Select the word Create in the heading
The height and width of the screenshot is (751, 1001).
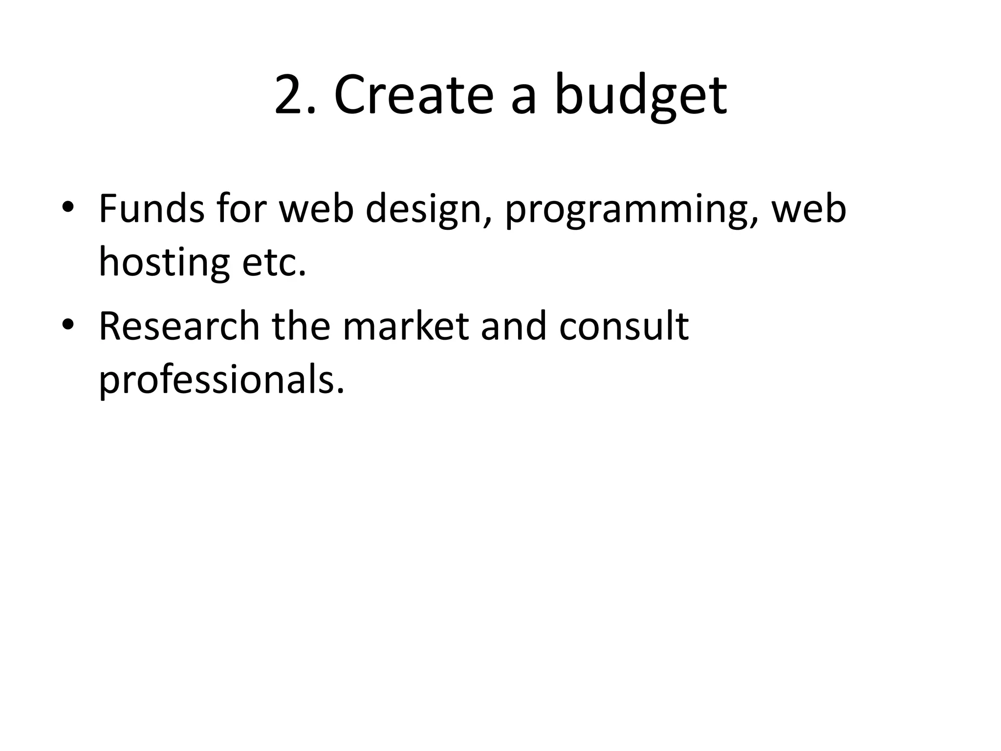(413, 95)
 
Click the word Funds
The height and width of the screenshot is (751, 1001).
(152, 209)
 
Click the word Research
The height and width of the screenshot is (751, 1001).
(179, 327)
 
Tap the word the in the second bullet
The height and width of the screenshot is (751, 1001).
(301, 327)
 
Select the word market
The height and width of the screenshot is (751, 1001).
(405, 327)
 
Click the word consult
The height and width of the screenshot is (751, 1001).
(624, 327)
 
